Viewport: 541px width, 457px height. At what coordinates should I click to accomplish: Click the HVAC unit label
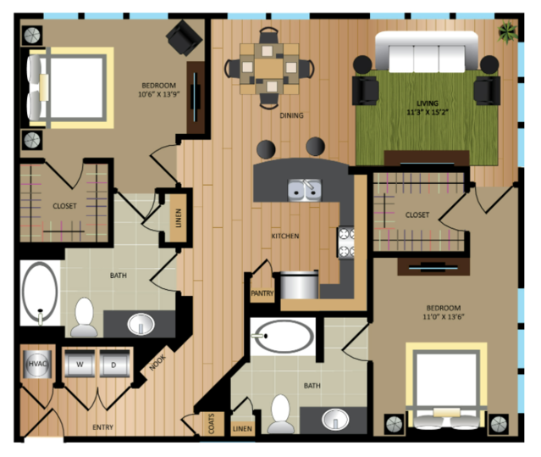pos(37,364)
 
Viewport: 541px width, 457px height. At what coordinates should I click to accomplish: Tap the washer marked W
pos(80,364)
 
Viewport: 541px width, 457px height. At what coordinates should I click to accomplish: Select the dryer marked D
pos(114,364)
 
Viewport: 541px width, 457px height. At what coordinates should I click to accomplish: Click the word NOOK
pos(157,363)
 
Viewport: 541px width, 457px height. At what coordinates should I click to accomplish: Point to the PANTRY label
pos(262,293)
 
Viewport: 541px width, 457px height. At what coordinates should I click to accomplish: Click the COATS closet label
pos(212,423)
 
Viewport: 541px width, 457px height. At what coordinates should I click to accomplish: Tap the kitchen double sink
pos(305,190)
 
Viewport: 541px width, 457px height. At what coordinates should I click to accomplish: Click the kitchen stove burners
pos(346,242)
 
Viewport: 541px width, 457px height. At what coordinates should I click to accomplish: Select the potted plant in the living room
pos(507,32)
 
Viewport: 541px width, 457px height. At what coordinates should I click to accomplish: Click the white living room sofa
pos(427,53)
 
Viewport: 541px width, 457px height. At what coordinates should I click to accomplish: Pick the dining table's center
pos(269,69)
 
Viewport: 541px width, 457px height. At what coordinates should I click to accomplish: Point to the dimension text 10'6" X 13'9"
pos(159,94)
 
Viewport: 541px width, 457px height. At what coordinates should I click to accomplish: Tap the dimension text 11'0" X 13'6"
pos(444,317)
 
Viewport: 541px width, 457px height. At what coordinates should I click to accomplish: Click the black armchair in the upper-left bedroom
pos(184,37)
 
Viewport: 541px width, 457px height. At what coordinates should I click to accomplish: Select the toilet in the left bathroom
pos(84,317)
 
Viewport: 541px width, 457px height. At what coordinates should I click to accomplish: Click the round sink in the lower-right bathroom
pos(335,420)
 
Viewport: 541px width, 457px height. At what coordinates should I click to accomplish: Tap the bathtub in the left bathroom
pos(40,293)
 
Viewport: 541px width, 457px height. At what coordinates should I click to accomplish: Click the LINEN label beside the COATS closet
pos(242,429)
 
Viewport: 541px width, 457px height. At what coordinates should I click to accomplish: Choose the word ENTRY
pos(102,427)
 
